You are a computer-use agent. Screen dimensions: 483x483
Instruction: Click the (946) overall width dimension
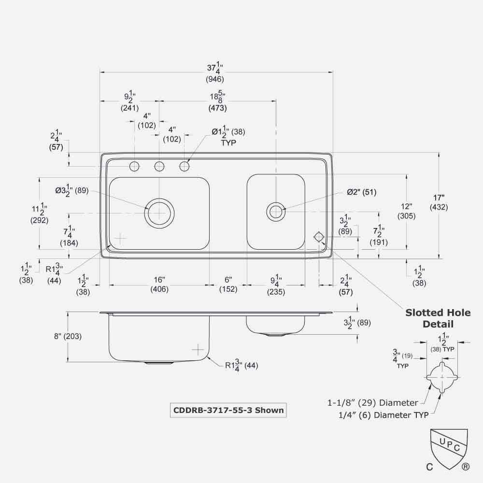click(215, 79)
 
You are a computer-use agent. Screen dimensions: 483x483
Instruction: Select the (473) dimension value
click(217, 108)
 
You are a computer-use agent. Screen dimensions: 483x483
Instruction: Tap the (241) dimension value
click(129, 108)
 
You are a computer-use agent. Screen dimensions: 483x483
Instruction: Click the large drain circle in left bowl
click(159, 212)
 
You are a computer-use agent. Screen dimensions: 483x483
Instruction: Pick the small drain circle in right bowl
click(275, 211)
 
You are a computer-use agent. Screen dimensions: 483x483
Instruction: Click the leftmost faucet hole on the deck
click(134, 167)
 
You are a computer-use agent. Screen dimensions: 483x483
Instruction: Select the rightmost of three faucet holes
click(185, 167)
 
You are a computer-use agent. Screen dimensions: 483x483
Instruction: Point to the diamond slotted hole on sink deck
click(319, 237)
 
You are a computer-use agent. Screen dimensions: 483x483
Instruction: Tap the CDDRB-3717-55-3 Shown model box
click(228, 410)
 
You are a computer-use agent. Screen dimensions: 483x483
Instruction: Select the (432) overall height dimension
click(439, 207)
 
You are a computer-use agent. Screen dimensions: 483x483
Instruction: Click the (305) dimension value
click(406, 216)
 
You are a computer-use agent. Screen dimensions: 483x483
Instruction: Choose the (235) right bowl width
click(276, 292)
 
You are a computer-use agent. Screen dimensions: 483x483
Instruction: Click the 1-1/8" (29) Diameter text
click(372, 402)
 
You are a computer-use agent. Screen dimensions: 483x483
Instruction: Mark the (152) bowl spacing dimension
click(228, 289)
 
